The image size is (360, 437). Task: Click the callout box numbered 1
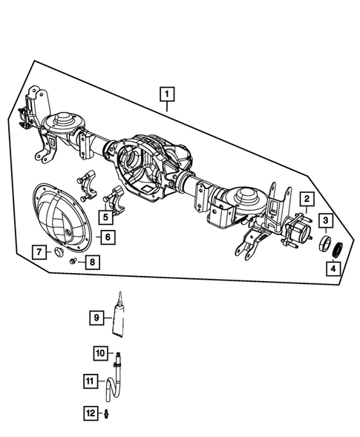click(168, 94)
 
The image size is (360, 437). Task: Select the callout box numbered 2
click(305, 198)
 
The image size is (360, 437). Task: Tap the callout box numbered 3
click(326, 220)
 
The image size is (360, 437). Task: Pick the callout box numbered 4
click(335, 268)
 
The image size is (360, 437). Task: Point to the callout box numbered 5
click(107, 217)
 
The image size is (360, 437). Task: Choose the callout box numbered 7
click(37, 254)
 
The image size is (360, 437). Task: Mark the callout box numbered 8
click(92, 262)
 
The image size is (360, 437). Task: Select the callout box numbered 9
click(96, 318)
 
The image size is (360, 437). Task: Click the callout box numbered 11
click(90, 382)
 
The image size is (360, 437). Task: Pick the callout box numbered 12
click(90, 413)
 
